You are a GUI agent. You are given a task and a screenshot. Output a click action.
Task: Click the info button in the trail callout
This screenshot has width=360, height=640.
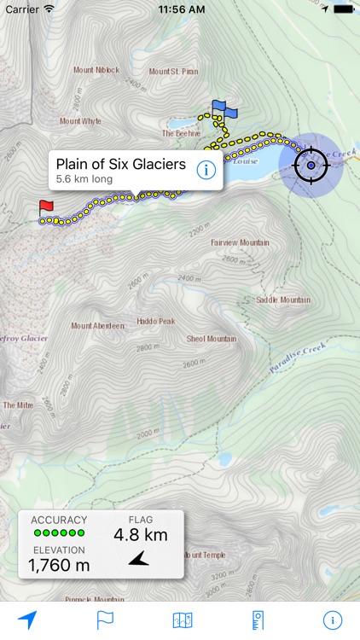point(205,169)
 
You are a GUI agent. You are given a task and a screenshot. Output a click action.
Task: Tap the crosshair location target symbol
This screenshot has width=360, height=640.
point(311,165)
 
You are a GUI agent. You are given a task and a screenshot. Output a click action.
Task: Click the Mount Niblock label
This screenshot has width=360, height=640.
point(96,70)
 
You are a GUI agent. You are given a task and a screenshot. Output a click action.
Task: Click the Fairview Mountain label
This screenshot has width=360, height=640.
point(240,242)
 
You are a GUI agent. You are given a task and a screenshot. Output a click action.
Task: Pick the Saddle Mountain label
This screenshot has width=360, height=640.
point(283,300)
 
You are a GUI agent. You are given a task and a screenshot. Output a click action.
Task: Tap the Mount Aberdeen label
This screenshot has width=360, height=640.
point(98,325)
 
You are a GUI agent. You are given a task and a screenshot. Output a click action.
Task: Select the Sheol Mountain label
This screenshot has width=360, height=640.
point(212,339)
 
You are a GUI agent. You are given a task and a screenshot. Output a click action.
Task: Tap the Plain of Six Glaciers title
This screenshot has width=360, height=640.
point(120,164)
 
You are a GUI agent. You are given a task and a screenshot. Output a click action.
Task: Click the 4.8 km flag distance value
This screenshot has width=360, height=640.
point(141,535)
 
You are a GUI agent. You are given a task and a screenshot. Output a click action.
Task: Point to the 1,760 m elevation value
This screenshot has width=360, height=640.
point(59,564)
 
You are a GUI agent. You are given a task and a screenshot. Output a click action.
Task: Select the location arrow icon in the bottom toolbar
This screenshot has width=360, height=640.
point(27,620)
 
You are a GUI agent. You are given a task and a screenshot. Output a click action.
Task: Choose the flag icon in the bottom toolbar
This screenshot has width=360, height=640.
point(105,620)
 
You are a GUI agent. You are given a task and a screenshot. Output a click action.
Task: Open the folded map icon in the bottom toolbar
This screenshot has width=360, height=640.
point(183,620)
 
